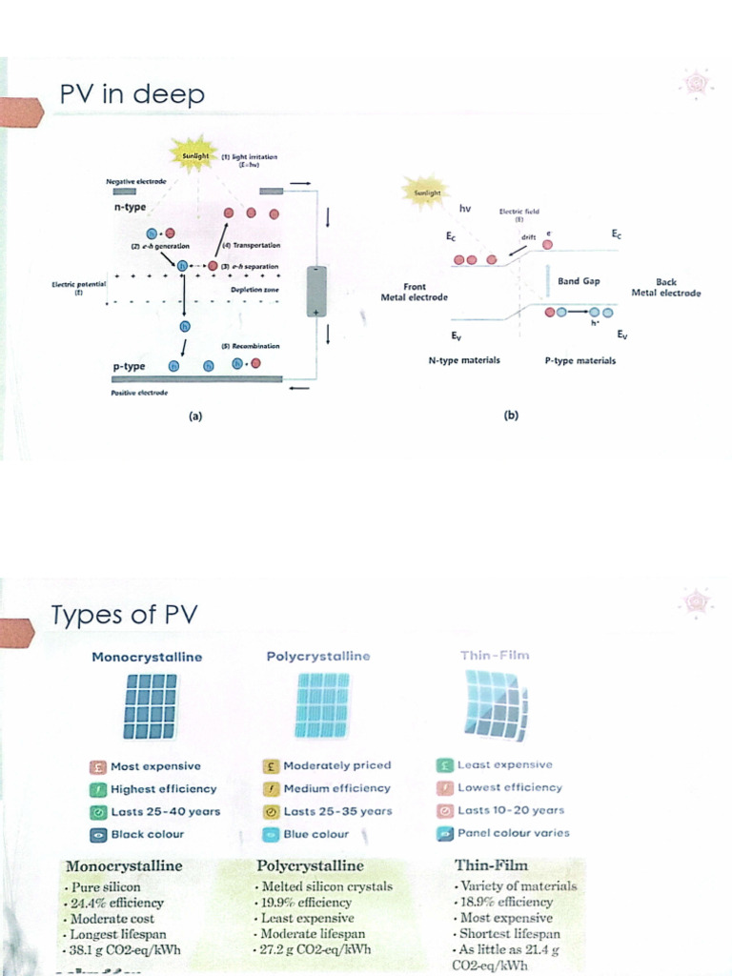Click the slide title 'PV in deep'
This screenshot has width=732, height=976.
pos(132,95)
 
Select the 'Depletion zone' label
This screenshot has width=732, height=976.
pos(253,289)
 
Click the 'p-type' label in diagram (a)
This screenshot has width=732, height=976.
pos(128,366)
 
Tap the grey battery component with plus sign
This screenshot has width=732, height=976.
pos(315,292)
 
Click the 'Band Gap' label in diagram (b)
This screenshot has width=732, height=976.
pos(579,281)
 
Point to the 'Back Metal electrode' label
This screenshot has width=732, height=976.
pos(665,288)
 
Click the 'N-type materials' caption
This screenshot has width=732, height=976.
pos(464,361)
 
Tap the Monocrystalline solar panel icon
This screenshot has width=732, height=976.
pos(150,706)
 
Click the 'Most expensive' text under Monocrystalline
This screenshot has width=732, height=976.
pos(155,765)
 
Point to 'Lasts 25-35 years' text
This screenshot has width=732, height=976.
pos(337,811)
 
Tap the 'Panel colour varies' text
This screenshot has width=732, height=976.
pos(513,833)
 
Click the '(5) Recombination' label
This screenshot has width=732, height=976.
pos(250,346)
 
